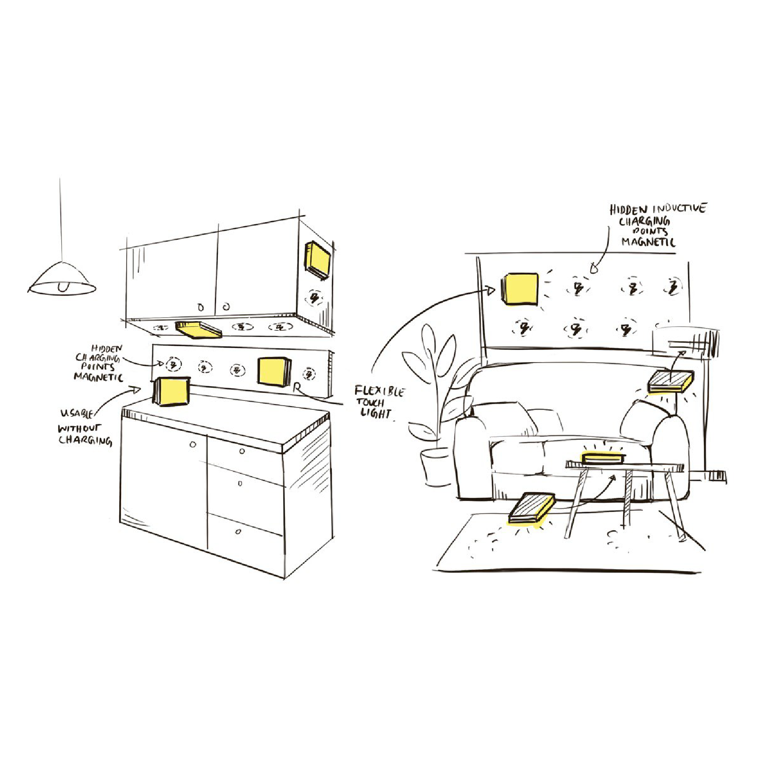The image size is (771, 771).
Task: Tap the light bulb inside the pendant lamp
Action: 62,286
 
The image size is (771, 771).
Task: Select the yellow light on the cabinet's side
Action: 317,259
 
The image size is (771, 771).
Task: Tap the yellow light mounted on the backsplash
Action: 274,372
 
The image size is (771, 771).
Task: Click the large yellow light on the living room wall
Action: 520,289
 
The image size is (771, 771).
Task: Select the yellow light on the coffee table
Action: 603,457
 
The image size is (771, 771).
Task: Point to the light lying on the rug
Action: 532,508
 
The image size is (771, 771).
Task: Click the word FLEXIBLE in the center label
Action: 379,391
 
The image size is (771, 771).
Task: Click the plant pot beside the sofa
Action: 435,467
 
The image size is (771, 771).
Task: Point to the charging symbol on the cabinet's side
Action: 314,297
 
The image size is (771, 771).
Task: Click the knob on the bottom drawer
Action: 238,532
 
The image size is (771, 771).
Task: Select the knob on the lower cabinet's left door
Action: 193,445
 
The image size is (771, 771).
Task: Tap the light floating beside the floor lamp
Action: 670,381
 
